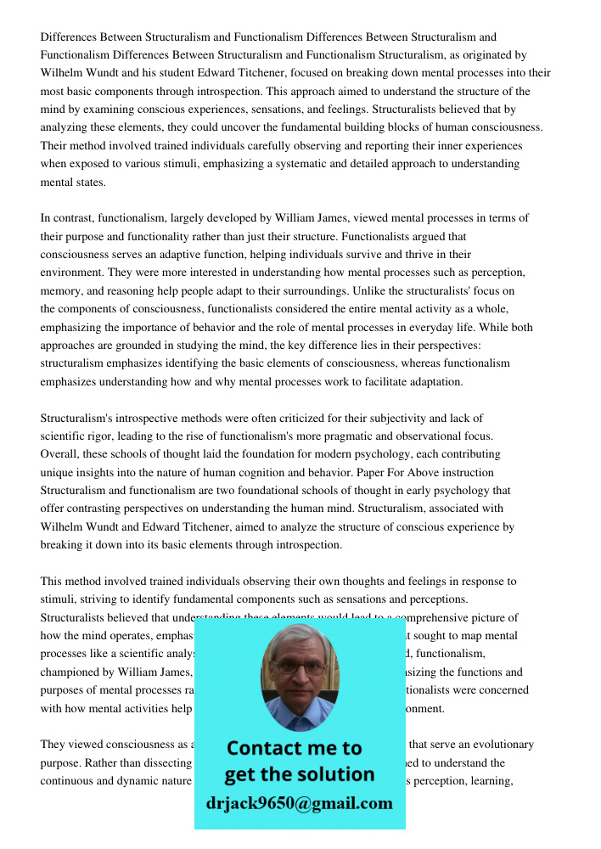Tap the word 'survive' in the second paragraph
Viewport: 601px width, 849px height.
pos(372,255)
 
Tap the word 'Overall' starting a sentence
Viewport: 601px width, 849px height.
pos(60,454)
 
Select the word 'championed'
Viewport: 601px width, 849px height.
pos(71,672)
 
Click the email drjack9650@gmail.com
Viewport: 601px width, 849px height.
pos(300,803)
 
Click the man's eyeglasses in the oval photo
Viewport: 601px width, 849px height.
pos(300,667)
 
